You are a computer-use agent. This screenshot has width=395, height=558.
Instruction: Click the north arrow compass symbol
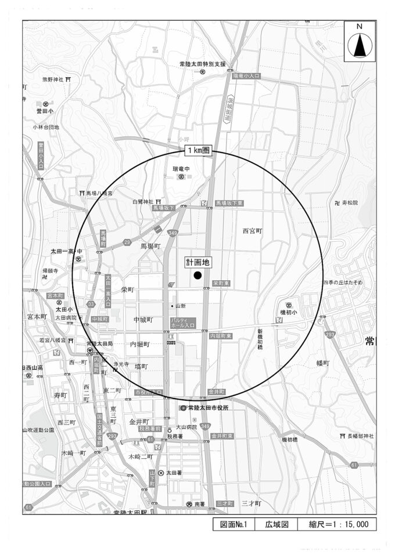click(x=360, y=44)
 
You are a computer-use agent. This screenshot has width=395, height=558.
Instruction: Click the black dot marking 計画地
click(x=198, y=276)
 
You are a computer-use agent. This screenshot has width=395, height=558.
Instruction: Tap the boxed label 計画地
click(x=198, y=262)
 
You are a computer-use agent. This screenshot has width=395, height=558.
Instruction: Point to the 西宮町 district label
click(x=253, y=231)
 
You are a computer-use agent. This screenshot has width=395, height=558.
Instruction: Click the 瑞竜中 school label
click(x=181, y=169)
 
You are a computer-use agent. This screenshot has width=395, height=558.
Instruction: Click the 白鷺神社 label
click(x=142, y=201)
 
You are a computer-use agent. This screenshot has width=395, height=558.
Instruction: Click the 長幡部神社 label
click(x=361, y=436)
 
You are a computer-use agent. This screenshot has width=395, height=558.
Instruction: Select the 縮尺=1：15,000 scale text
click(x=339, y=524)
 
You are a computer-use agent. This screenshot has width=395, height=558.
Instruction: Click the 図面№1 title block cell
click(x=234, y=524)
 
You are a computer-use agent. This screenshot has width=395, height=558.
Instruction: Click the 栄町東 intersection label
click(x=221, y=283)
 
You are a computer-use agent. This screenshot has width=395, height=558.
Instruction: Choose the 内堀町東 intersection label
click(x=220, y=336)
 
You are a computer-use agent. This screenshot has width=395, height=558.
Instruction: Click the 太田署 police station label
click(x=174, y=473)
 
